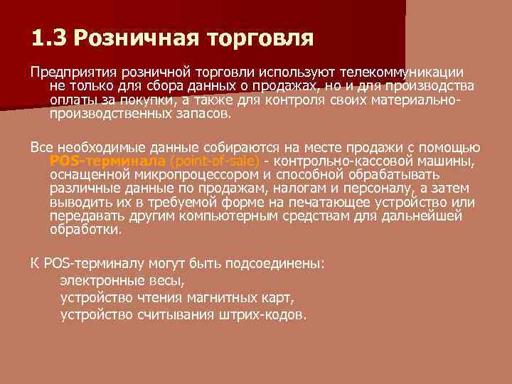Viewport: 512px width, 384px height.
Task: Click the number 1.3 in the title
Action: tap(48, 36)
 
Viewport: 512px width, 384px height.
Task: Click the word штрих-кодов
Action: tap(269, 314)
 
